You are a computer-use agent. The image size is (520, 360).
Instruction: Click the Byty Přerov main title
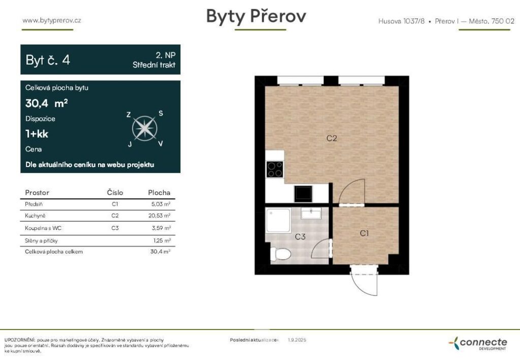(x=256, y=16)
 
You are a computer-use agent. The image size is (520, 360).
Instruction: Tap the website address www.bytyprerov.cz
(x=52, y=20)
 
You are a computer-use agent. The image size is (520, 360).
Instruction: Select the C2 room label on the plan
(x=332, y=138)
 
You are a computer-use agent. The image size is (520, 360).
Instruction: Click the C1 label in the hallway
(x=364, y=233)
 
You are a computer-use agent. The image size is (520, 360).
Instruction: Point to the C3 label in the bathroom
(x=300, y=237)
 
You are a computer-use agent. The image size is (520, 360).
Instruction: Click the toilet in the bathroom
(x=281, y=252)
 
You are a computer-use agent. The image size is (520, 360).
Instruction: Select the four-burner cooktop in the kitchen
(x=275, y=169)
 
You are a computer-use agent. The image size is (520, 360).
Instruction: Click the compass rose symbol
(x=144, y=128)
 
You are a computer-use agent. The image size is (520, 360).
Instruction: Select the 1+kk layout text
(x=37, y=134)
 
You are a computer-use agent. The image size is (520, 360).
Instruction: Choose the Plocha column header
(x=159, y=193)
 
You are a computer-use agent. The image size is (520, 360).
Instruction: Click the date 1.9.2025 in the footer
(x=297, y=340)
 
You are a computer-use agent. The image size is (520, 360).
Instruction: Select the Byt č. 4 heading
(x=48, y=60)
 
